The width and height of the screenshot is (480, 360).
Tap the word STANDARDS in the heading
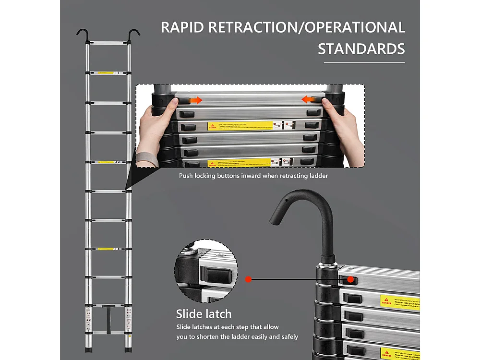[x=361, y=49]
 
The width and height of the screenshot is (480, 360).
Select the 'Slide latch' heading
[x=204, y=314]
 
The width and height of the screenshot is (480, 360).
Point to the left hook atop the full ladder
[x=82, y=35]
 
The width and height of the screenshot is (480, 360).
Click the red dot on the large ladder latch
[x=351, y=279]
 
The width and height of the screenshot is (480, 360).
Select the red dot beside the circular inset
[x=248, y=279]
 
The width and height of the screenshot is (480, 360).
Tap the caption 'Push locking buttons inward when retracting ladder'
[x=253, y=176]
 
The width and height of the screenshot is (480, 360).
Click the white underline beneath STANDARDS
[x=364, y=62]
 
